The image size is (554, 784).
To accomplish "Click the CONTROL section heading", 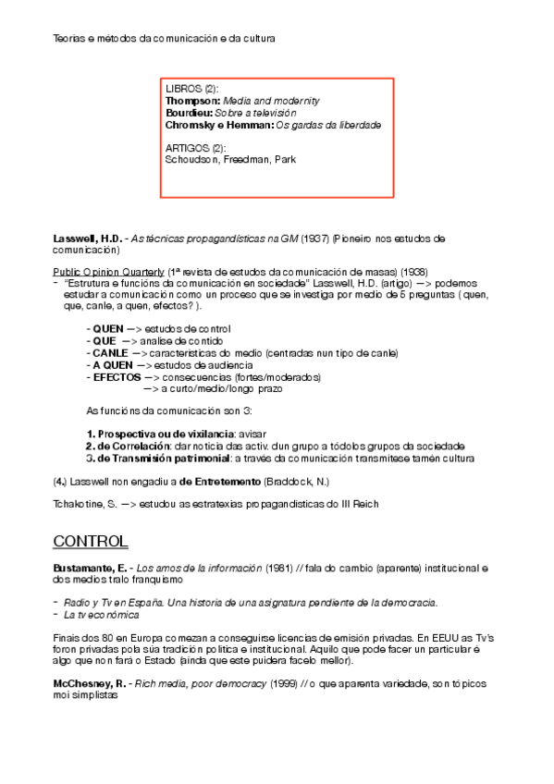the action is point(91,540).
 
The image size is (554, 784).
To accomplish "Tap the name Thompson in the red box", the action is point(192,100).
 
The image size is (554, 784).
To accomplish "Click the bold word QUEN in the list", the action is point(109,329).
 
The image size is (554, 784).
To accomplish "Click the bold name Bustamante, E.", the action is point(91,566).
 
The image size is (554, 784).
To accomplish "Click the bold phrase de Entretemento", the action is point(220,481).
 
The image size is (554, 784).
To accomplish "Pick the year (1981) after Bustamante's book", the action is point(280,566).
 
